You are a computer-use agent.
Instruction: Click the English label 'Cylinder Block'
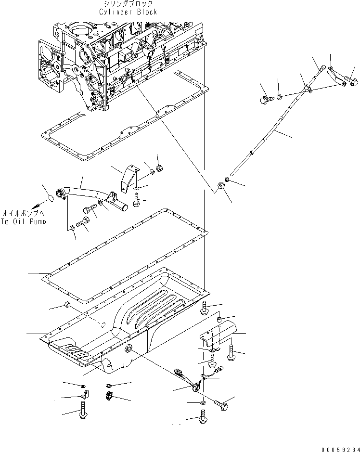[128, 12]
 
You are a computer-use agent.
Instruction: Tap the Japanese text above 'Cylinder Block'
[128, 4]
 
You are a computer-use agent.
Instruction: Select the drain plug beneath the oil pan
[108, 396]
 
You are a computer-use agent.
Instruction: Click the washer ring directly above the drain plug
[110, 385]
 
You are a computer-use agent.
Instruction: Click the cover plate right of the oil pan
[220, 334]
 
